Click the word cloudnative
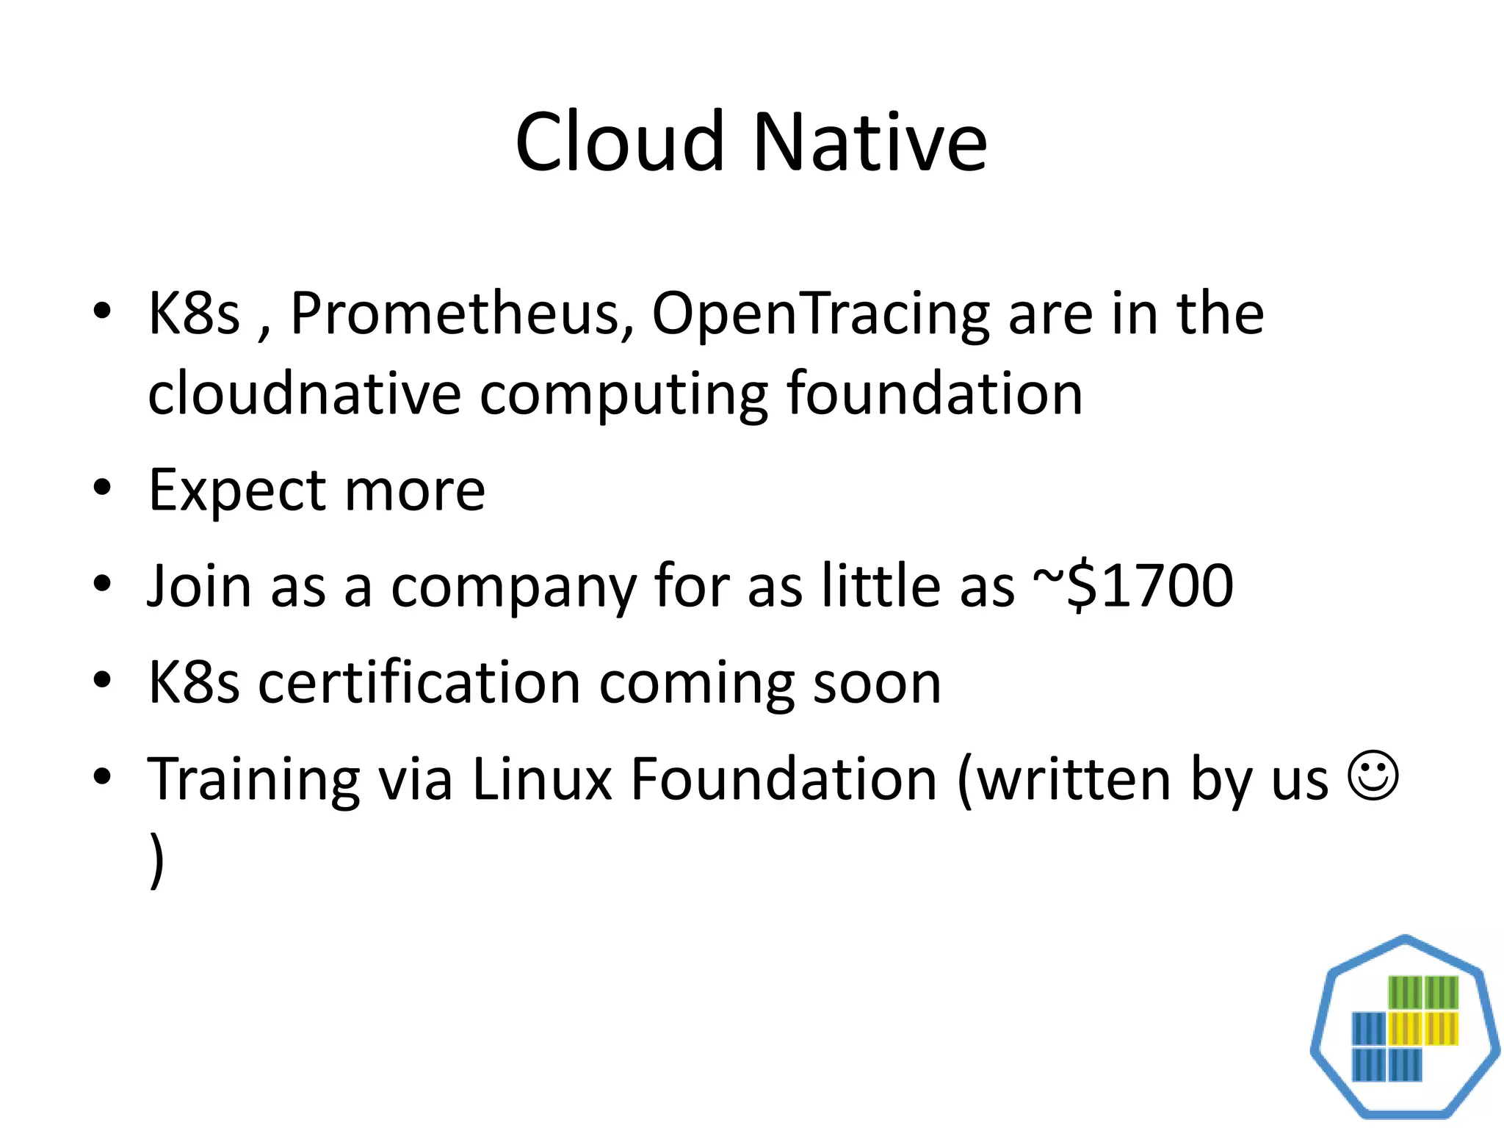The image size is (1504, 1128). click(304, 394)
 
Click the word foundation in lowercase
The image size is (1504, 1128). click(934, 394)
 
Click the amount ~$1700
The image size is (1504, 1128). click(1132, 586)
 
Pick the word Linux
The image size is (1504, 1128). click(542, 778)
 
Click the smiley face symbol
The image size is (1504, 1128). click(1372, 775)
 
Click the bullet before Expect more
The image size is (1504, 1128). click(102, 488)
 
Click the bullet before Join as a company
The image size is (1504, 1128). click(102, 584)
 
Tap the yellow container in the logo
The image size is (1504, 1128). click(1423, 1028)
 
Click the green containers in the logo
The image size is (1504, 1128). click(1423, 993)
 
